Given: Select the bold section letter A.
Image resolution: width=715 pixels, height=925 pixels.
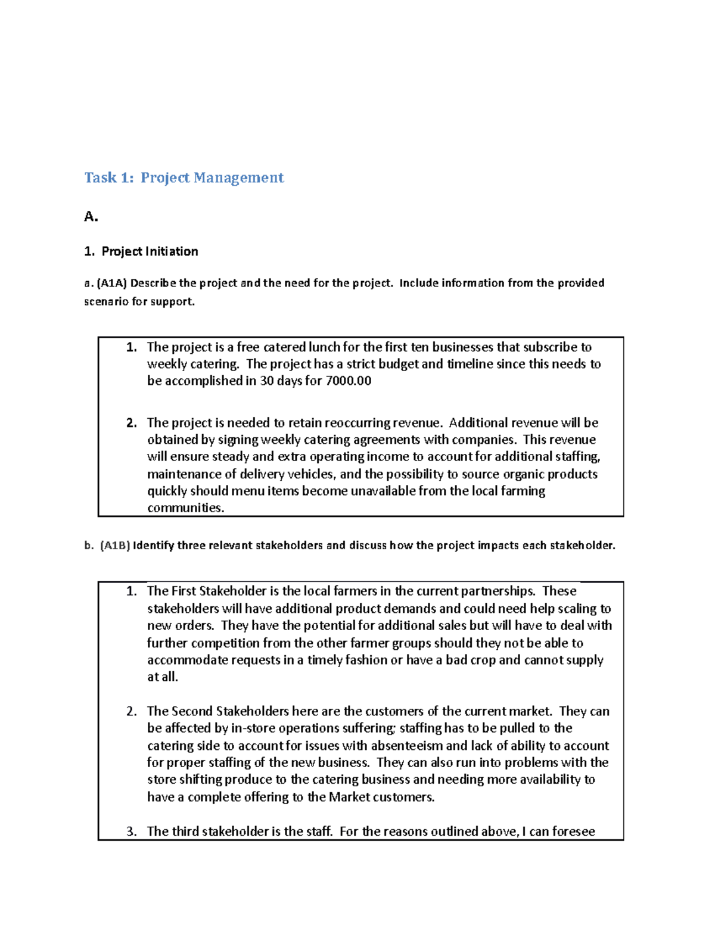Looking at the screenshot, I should tap(91, 217).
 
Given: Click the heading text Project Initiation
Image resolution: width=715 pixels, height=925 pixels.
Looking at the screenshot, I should tap(150, 251).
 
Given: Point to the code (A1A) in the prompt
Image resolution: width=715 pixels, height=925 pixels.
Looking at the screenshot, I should tap(112, 283).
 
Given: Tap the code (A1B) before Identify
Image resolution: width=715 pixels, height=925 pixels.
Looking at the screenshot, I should tap(114, 546).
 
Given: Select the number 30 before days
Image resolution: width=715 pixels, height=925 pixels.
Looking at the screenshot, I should tap(267, 381).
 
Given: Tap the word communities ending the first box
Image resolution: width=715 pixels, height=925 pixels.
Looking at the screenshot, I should tap(185, 508).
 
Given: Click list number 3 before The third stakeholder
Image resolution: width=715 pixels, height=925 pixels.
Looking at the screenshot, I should tap(131, 831).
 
